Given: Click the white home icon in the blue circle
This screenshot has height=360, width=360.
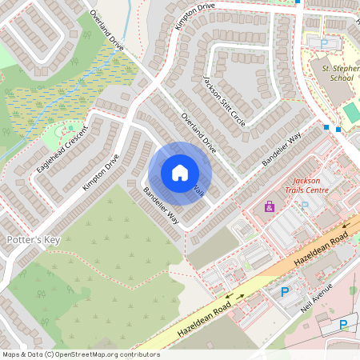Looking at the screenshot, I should coord(180,173).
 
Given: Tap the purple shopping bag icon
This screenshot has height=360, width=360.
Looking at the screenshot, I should coord(270,207).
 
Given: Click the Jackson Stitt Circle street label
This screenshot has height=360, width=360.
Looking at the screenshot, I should coord(224,101).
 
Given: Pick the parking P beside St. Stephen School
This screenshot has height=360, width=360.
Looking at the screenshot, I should coord(324,44).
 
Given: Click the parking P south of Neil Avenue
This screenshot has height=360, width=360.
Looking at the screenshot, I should coord(343,324).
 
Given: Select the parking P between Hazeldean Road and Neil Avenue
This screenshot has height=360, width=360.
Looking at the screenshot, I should coord(284,293).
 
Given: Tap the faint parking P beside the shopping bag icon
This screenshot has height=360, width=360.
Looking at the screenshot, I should coord(304,206).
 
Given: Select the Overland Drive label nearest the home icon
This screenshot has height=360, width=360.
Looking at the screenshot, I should coord(199,133).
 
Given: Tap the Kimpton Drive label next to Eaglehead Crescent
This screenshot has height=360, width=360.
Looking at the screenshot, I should coord(101,171).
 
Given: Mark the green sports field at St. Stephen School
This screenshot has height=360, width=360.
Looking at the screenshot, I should coord(352,112).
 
